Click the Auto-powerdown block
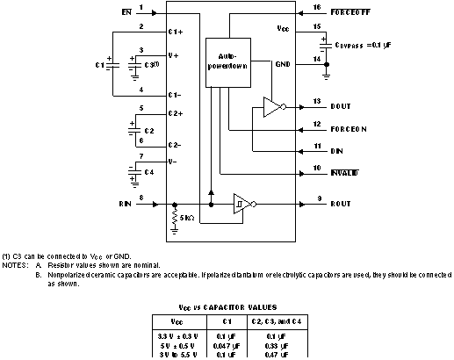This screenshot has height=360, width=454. [227, 62]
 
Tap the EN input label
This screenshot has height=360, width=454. [126, 13]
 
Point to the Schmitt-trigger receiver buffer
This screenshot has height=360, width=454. [239, 203]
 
